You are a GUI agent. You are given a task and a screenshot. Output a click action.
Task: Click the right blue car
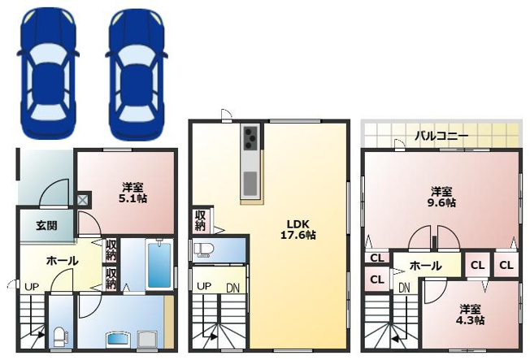pyautogui.click(x=137, y=74)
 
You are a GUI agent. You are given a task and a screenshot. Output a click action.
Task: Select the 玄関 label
pyautogui.click(x=46, y=225)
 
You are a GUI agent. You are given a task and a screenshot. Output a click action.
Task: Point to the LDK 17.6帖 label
pyautogui.click(x=298, y=229)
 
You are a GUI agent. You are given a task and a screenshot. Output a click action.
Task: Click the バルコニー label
pyautogui.click(x=441, y=137)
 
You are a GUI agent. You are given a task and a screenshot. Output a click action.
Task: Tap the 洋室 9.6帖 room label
pyautogui.click(x=441, y=197)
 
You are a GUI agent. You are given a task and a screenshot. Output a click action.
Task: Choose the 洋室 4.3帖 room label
pyautogui.click(x=470, y=314)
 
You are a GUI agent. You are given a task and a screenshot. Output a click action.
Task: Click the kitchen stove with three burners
pyautogui.click(x=250, y=137)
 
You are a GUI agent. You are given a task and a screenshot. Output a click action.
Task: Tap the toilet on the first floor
pyautogui.click(x=61, y=336)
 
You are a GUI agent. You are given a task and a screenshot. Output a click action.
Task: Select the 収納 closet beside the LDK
pyautogui.click(x=201, y=221)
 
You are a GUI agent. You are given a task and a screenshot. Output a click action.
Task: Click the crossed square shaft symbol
pyautogui.click(x=82, y=200)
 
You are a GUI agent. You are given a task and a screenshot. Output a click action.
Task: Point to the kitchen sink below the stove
pyautogui.click(x=250, y=184)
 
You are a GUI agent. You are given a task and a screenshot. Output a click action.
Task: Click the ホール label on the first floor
pyautogui.click(x=63, y=261)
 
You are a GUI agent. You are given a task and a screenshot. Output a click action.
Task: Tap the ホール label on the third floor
pyautogui.click(x=426, y=266)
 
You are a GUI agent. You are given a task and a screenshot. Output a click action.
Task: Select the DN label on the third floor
pyautogui.click(x=404, y=288)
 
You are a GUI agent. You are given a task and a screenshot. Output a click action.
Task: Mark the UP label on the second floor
pyautogui.click(x=204, y=287)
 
